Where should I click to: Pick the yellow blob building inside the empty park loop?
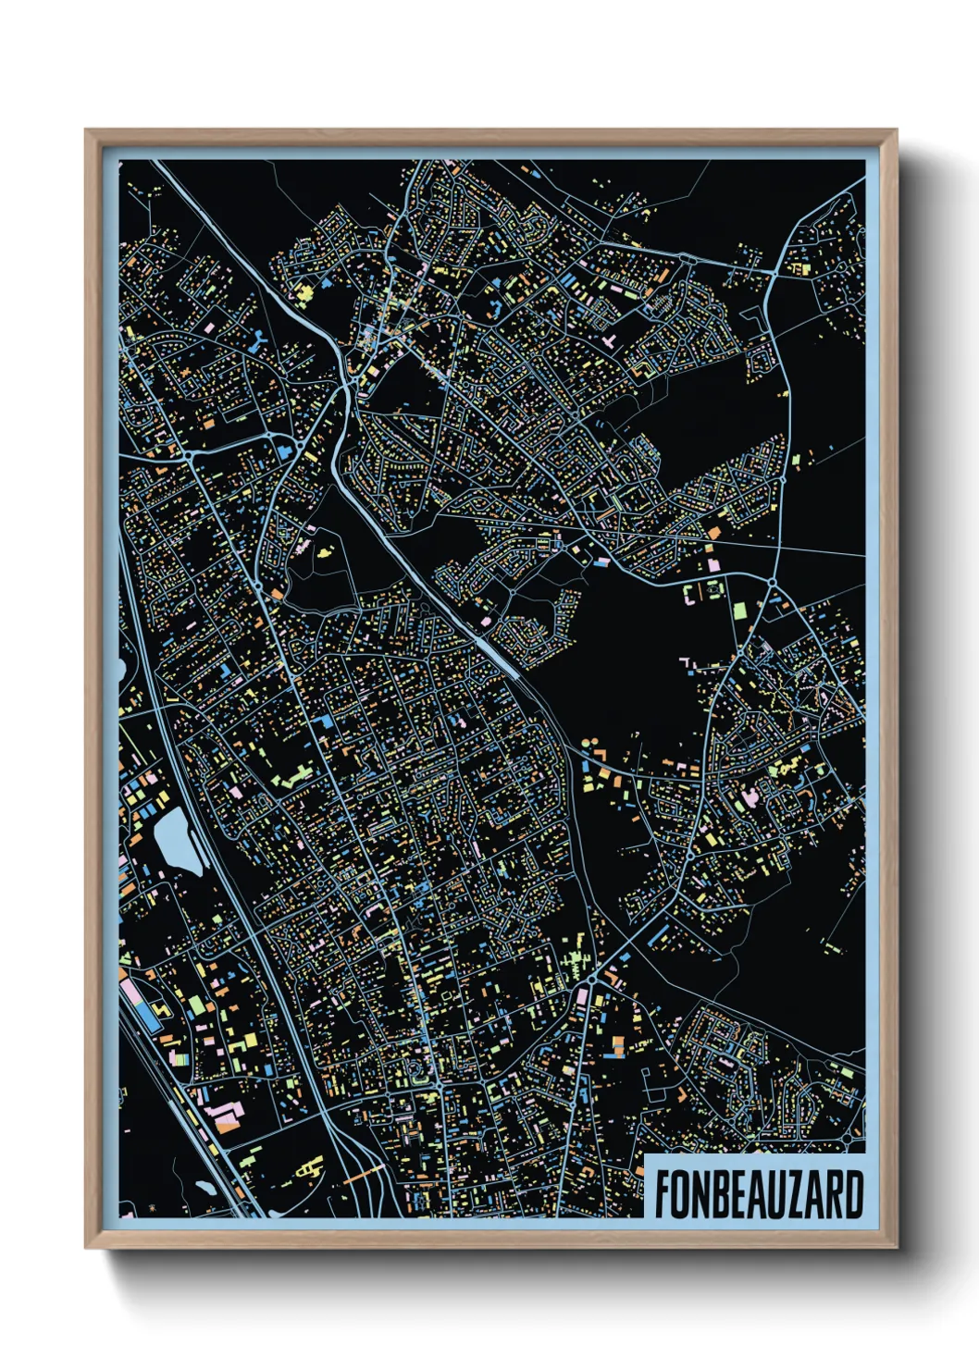tap(324, 551)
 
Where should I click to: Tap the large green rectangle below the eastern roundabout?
tap(740, 610)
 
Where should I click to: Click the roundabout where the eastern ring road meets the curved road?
tap(772, 581)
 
